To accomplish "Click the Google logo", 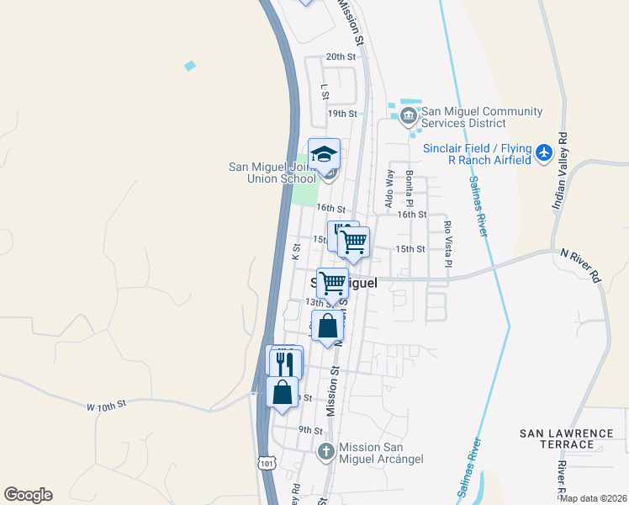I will [28, 495].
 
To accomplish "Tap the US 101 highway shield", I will [267, 462].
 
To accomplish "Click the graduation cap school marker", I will [324, 154].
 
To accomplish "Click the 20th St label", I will [341, 56].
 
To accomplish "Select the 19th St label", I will [342, 114].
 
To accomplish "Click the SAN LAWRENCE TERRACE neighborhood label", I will [567, 439].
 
